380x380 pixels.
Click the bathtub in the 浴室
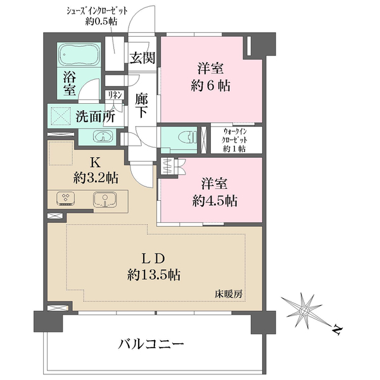tap(79, 54)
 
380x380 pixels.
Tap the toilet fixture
tap(188, 137)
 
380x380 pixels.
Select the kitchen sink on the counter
tap(105, 199)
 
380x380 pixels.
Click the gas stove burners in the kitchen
tap(65, 199)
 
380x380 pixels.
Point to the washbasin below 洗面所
tap(103, 136)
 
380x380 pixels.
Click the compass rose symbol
tap(304, 310)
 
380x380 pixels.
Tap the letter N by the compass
tap(337, 330)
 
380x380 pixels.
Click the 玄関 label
tap(142, 58)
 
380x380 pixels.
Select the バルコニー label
tap(151, 344)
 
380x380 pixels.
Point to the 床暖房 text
tap(228, 294)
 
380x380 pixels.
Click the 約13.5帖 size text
tap(154, 275)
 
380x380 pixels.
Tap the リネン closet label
tap(115, 95)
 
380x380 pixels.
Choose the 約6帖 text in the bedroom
tap(210, 85)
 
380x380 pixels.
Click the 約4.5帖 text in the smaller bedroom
tap(215, 201)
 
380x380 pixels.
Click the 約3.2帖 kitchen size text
tap(96, 178)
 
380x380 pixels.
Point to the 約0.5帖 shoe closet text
tap(101, 22)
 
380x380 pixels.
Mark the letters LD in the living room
tap(153, 258)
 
